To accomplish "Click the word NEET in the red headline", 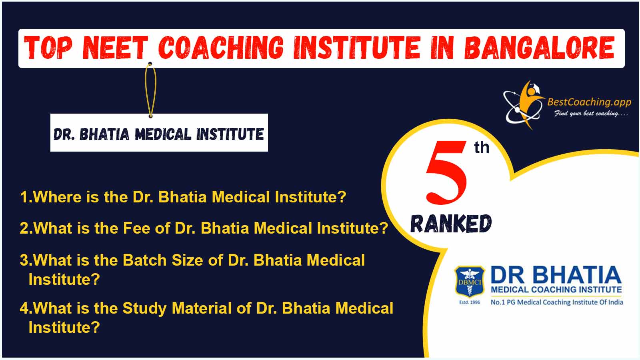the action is tap(115, 48).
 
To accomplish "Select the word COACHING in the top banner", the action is tap(221, 48).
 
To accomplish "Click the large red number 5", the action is tap(446, 173).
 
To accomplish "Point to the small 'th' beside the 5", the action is tap(482, 148).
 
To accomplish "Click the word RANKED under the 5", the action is tap(451, 224).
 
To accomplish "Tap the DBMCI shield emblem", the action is tap(470, 282).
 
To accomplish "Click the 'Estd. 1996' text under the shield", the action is tap(470, 302).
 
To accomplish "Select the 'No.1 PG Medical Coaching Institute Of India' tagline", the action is tap(557, 302).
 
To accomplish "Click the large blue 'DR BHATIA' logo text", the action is tap(556, 276).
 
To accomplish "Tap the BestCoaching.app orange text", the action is tap(589, 102).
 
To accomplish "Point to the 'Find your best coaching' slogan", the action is tap(591, 114).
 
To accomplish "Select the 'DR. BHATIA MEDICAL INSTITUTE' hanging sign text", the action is tap(158, 134).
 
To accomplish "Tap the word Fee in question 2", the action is tap(136, 228).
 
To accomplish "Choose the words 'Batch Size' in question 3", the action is tap(163, 260).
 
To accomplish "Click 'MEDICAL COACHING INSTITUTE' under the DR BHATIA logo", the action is tap(556, 290).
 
